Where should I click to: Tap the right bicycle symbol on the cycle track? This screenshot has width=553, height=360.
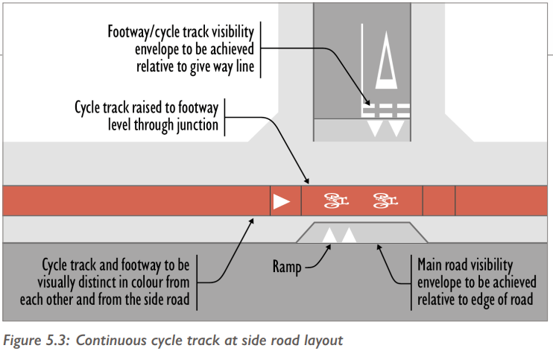[x=385, y=200]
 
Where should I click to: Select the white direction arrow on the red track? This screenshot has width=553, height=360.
[x=281, y=201]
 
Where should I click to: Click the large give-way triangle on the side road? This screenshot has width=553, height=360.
[x=387, y=59]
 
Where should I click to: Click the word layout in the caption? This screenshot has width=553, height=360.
[x=323, y=341]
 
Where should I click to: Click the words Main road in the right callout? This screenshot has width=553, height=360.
[x=441, y=264]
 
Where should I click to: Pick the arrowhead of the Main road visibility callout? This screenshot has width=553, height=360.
[x=381, y=247]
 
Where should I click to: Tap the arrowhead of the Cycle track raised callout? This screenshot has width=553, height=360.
[x=306, y=181]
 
